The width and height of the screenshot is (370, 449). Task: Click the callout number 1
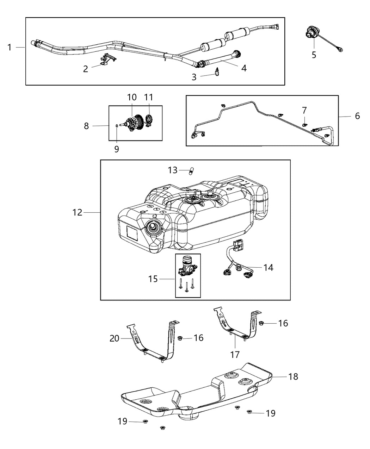tap(10, 47)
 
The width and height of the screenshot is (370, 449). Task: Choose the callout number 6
tap(357, 116)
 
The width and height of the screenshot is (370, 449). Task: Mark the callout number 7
tap(304, 111)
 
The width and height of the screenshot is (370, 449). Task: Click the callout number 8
tap(86, 126)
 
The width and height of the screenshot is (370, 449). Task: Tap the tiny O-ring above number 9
tap(117, 125)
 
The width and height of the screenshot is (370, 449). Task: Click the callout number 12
tap(77, 212)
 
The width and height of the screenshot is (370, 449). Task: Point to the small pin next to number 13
tap(192, 171)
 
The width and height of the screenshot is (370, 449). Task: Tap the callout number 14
tap(268, 268)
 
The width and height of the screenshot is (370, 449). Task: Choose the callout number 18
tap(293, 376)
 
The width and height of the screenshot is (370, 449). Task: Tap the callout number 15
tap(153, 279)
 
